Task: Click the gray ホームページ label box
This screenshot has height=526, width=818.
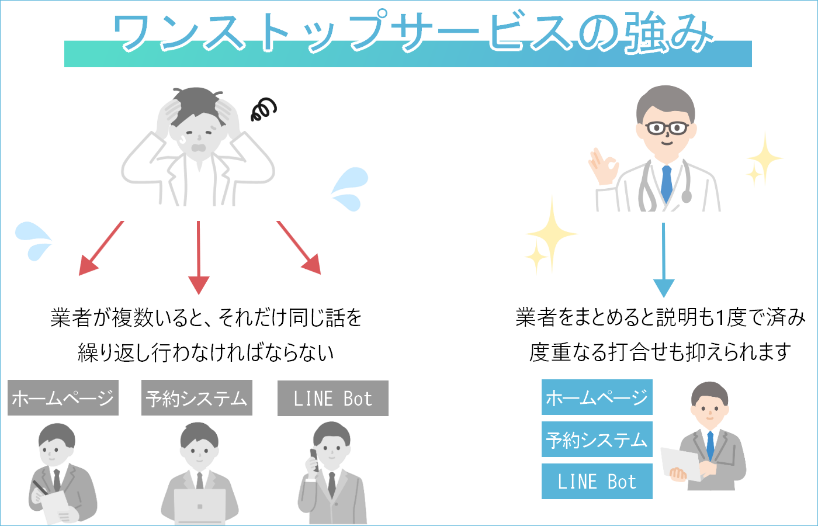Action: pyautogui.click(x=63, y=398)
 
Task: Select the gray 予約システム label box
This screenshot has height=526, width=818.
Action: pyautogui.click(x=197, y=398)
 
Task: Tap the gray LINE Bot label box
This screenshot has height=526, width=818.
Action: pyautogui.click(x=333, y=399)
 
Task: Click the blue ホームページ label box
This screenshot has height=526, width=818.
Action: pyautogui.click(x=597, y=397)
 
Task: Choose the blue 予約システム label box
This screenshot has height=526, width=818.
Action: pyautogui.click(x=597, y=440)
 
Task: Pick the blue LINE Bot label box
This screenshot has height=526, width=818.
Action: pyautogui.click(x=597, y=482)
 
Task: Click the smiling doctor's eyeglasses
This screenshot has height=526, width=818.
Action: pyautogui.click(x=667, y=128)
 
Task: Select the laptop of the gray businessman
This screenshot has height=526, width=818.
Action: pyautogui.click(x=200, y=506)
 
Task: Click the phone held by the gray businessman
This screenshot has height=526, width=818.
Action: pyautogui.click(x=314, y=459)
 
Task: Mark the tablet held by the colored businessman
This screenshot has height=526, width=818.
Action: pyautogui.click(x=680, y=464)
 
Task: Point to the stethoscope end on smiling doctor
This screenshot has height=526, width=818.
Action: pyautogui.click(x=687, y=196)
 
